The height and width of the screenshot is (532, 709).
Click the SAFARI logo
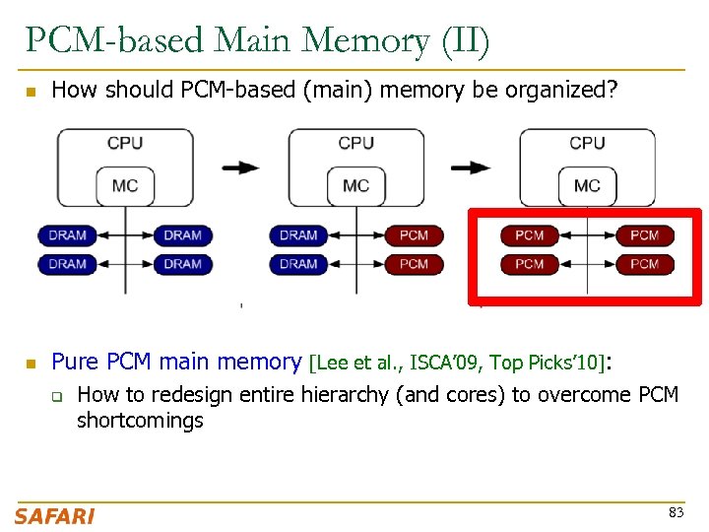(x=54, y=515)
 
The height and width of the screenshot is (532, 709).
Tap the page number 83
(x=676, y=512)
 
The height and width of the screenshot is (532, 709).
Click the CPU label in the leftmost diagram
(x=125, y=144)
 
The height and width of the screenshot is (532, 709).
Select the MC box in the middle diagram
(x=355, y=185)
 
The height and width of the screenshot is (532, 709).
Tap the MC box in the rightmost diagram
(x=587, y=185)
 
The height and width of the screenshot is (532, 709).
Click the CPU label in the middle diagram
(x=355, y=144)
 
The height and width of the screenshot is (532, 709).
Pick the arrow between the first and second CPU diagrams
(x=241, y=167)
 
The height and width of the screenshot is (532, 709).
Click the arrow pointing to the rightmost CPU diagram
(x=472, y=167)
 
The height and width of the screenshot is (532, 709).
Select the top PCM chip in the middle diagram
(x=414, y=235)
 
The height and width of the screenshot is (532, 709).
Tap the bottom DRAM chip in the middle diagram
(x=298, y=264)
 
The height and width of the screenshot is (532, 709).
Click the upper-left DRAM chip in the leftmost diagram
(x=67, y=235)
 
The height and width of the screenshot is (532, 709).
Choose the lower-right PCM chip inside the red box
(x=644, y=264)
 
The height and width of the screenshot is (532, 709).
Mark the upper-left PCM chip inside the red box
(x=529, y=235)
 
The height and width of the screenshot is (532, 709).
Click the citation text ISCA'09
(x=445, y=364)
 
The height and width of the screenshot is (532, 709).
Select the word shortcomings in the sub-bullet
(x=140, y=421)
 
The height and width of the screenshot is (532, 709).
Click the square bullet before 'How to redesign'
(x=57, y=397)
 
